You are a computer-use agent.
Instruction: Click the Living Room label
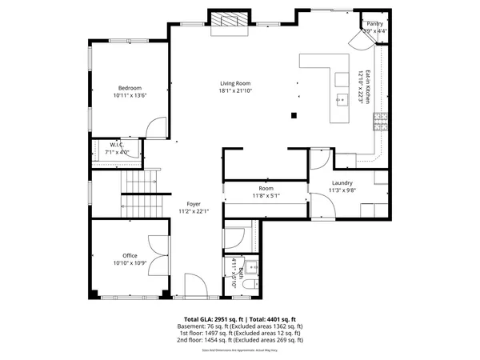[x=236, y=83]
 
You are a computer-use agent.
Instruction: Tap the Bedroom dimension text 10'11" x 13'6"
[x=130, y=95]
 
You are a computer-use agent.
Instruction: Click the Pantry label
[x=375, y=24]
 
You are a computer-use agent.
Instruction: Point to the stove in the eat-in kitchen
[x=381, y=120]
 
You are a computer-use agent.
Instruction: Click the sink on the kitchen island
[x=343, y=100]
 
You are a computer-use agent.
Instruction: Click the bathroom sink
[x=251, y=266]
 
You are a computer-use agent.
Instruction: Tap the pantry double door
[x=358, y=40]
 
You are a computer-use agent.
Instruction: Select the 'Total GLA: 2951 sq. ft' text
[x=212, y=319]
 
